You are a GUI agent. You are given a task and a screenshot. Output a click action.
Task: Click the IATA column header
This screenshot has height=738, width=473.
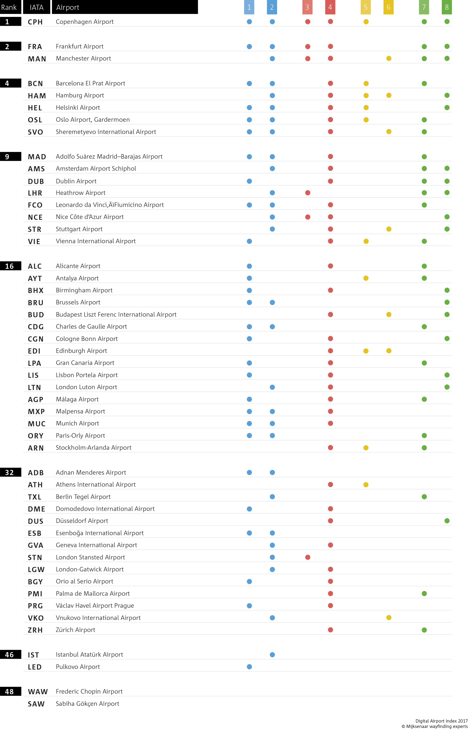tap(36, 7)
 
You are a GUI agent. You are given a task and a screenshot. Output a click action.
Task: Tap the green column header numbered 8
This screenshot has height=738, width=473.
tap(447, 7)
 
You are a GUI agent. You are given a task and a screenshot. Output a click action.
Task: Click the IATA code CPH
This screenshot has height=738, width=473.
tap(35, 22)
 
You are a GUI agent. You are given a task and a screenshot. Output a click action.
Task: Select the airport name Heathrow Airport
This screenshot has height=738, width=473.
tap(80, 193)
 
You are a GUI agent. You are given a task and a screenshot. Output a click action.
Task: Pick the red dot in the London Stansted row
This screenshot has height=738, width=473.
tap(308, 557)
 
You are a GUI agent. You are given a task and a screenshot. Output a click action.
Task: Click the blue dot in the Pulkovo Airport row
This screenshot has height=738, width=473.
tap(249, 667)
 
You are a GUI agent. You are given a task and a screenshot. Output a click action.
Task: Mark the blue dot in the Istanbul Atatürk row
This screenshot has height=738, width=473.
tap(272, 654)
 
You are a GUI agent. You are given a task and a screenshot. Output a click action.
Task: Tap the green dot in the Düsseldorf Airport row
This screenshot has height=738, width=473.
tap(447, 521)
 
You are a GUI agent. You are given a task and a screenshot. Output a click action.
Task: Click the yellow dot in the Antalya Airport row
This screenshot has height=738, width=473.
tap(366, 278)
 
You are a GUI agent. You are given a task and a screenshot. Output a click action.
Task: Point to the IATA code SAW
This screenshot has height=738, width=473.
tap(36, 704)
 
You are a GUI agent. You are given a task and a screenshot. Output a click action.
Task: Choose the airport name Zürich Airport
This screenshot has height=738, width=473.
tap(76, 630)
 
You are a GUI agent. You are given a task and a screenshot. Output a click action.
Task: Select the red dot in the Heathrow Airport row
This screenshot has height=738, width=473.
tap(308, 193)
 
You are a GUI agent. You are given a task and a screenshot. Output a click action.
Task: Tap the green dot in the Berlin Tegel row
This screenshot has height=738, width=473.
tap(424, 497)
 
